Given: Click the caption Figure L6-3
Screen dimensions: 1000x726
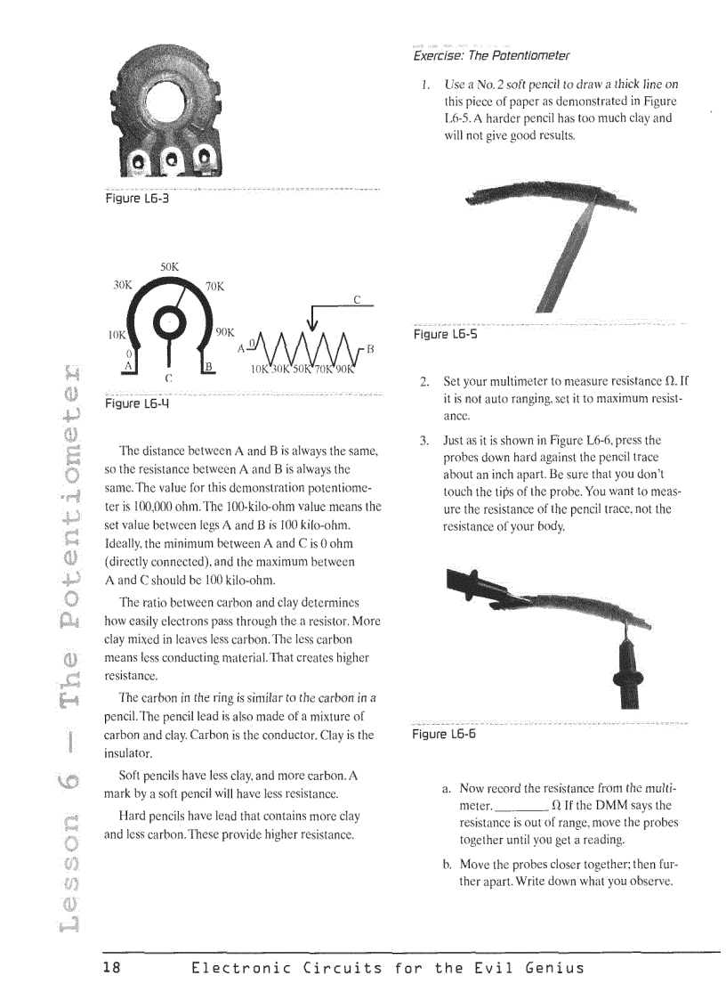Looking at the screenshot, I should click(137, 199).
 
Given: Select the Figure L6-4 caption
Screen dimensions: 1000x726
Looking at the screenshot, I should click(137, 402).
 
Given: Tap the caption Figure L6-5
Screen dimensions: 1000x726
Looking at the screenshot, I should click(446, 335).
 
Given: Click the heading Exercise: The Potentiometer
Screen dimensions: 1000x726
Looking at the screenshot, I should click(491, 56).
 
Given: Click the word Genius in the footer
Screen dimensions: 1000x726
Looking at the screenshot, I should click(553, 968).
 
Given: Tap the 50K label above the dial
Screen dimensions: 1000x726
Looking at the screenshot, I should click(170, 266).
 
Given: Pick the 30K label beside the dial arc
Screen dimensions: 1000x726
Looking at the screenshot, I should click(122, 286).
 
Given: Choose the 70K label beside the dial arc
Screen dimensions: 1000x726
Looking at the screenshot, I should click(214, 287).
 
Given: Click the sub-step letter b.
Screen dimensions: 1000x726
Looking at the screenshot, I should click(446, 865).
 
